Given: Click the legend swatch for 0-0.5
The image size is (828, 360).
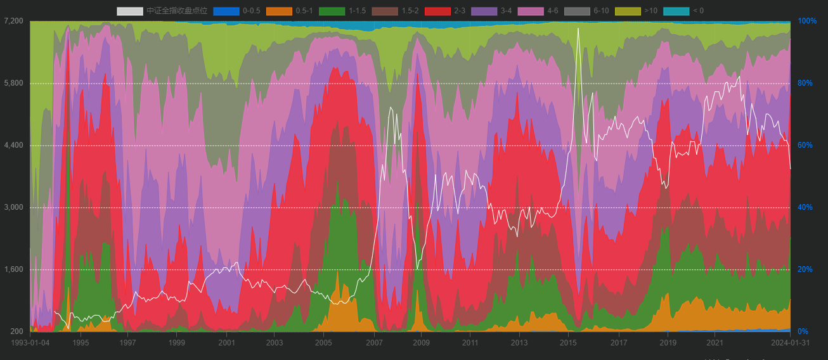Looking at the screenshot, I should [x=226, y=11].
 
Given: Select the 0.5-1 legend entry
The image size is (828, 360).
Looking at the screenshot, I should [x=279, y=11].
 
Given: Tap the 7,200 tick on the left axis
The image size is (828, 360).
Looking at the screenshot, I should [x=13, y=21].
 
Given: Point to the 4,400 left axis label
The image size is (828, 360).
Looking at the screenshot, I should [x=13, y=145].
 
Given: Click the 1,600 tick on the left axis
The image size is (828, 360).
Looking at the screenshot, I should [x=13, y=269].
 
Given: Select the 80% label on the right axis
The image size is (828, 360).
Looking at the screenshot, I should [x=805, y=83].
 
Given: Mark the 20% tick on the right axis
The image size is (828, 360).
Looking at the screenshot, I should [x=805, y=269].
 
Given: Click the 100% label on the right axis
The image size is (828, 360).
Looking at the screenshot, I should [x=807, y=21].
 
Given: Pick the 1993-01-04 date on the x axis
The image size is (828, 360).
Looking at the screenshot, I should [x=30, y=343].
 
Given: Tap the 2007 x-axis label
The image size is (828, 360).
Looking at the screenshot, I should [x=374, y=343].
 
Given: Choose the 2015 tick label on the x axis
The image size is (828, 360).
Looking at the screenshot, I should [x=569, y=343].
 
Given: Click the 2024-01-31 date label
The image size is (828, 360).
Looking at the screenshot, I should [x=790, y=343].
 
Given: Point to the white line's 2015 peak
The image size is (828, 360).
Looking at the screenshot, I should [x=578, y=29].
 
